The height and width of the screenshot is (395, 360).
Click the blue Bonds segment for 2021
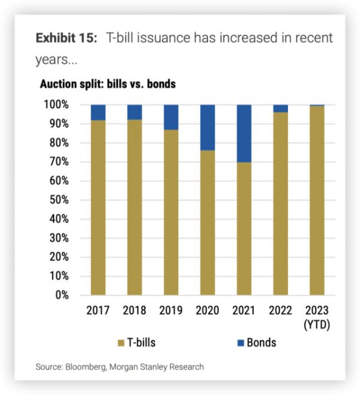point(244,133)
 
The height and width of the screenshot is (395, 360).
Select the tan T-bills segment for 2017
point(98,208)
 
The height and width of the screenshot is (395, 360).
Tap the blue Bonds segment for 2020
point(208,127)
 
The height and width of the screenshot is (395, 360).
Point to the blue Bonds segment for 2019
point(171,117)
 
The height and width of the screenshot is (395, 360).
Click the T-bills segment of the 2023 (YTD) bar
point(317,201)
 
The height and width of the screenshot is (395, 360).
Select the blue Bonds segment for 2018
point(134,112)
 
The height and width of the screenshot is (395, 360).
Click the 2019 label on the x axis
point(171,311)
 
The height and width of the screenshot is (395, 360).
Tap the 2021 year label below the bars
point(244,311)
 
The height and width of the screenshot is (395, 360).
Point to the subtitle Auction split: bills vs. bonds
point(107,83)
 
